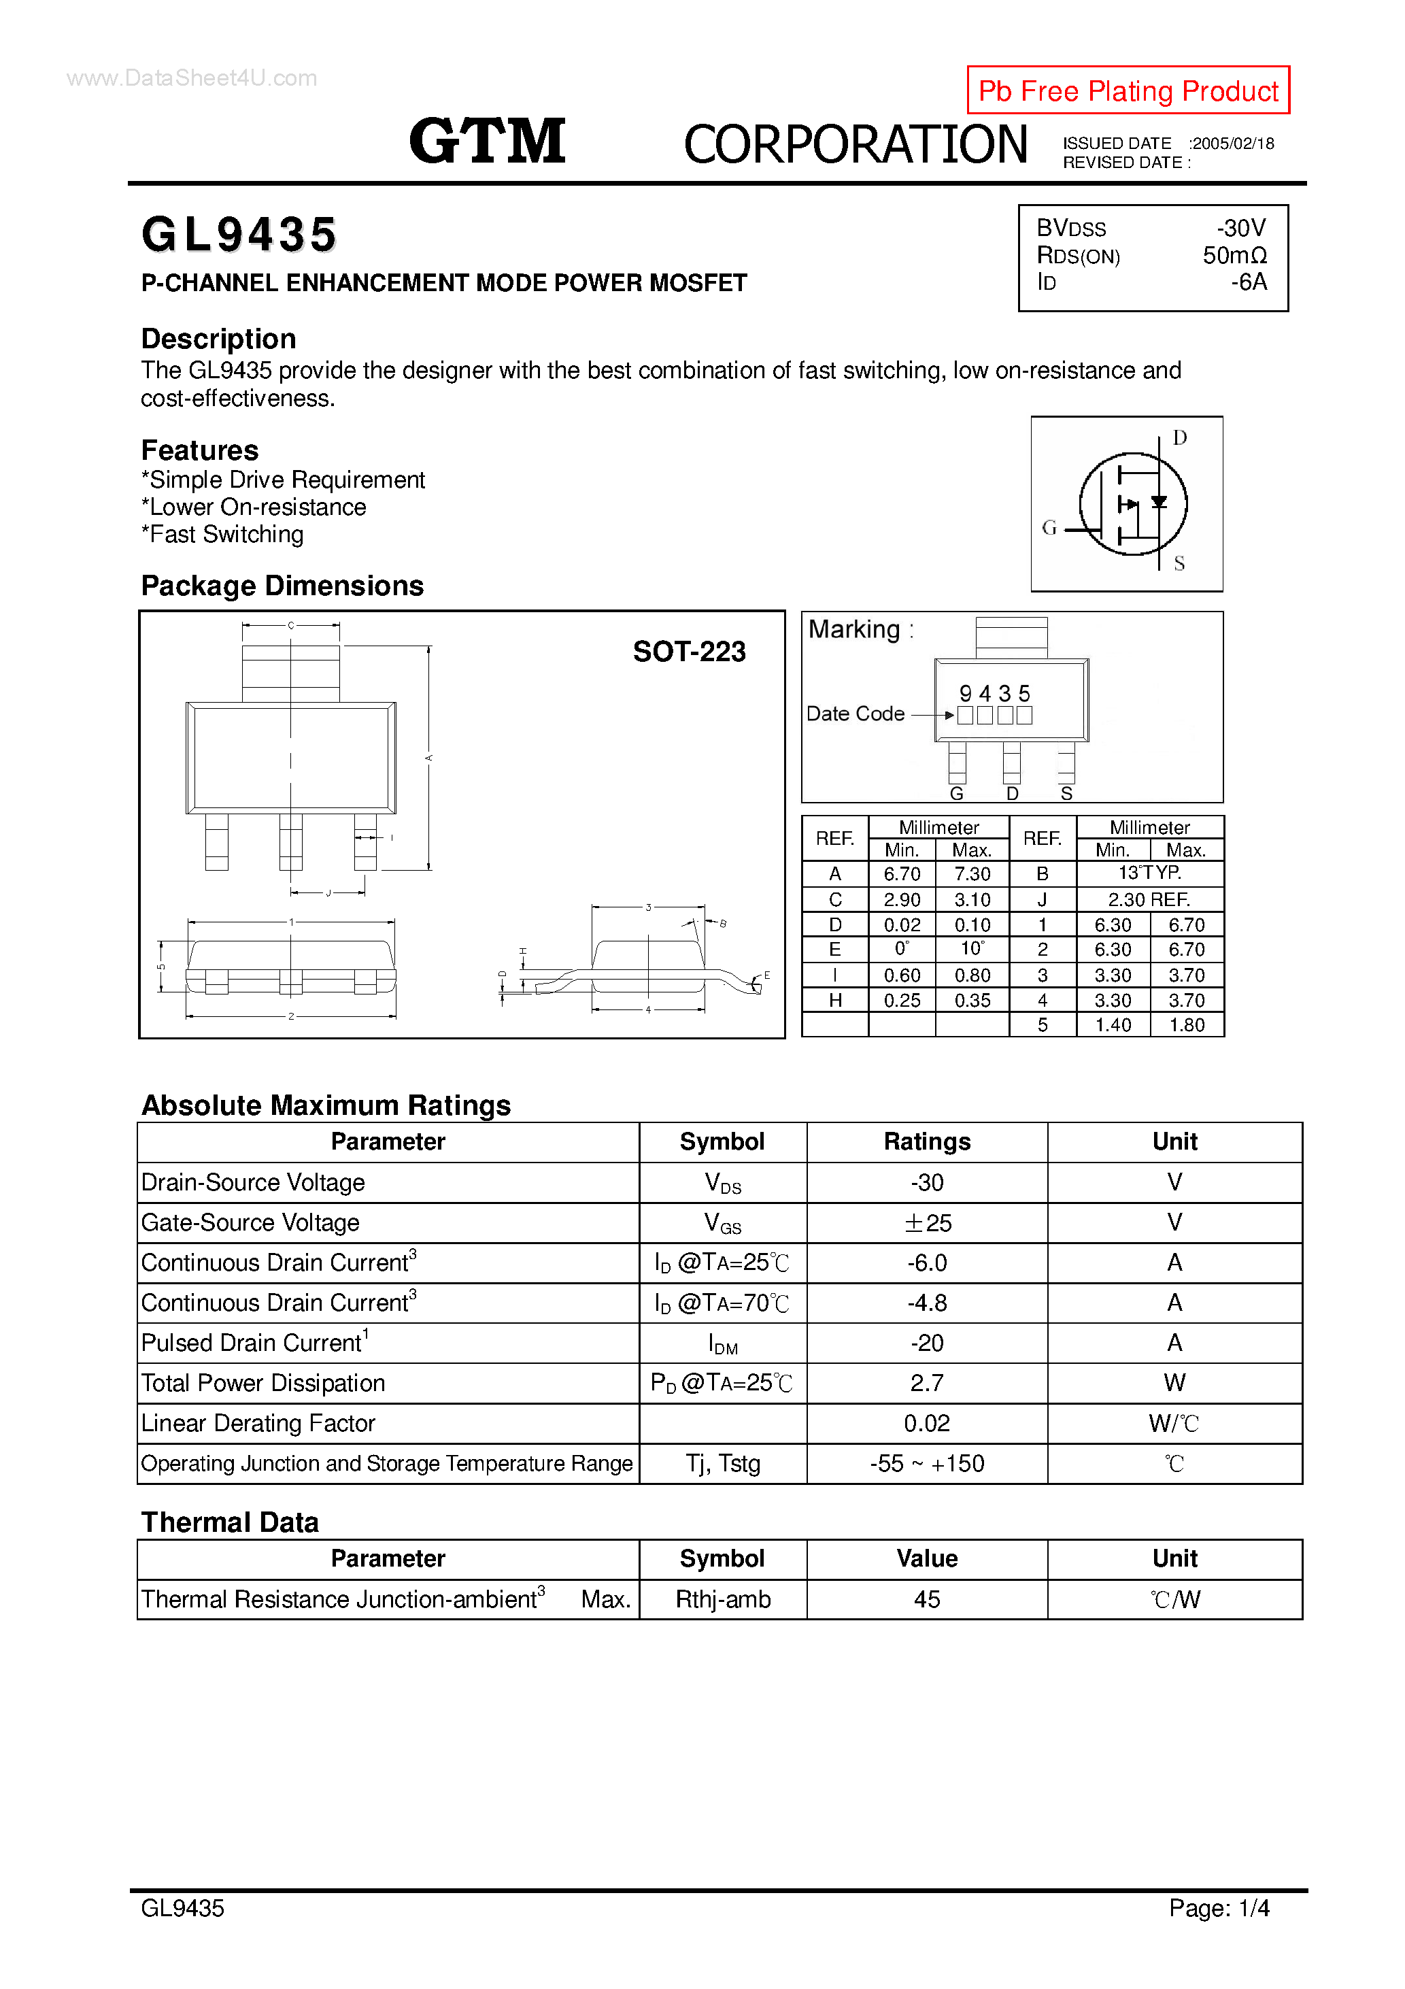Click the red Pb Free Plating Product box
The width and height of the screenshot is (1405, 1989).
1127,90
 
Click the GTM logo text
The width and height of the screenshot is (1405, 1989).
487,141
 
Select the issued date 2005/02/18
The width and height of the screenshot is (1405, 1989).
1233,144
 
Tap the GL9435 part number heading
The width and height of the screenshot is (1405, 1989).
239,235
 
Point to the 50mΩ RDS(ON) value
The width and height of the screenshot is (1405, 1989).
1234,256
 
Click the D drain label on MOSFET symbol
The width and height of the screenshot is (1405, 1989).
1179,437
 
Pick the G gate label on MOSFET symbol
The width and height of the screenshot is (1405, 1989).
1049,528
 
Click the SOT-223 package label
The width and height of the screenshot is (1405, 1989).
689,652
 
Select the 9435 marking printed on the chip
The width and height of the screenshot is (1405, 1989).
994,693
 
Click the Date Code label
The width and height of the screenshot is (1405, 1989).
855,714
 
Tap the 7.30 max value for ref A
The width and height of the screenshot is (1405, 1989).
972,874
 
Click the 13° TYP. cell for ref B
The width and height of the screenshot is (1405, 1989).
1149,873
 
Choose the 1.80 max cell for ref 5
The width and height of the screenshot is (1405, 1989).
1186,1025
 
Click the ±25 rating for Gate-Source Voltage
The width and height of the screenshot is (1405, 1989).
927,1222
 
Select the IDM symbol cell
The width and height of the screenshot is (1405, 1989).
722,1343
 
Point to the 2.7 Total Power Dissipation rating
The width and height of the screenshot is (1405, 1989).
927,1383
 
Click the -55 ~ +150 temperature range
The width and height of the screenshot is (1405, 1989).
927,1463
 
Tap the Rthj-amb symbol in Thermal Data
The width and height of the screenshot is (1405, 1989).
722,1599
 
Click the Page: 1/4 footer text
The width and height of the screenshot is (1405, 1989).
1218,1907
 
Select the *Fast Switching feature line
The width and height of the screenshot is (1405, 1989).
222,535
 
